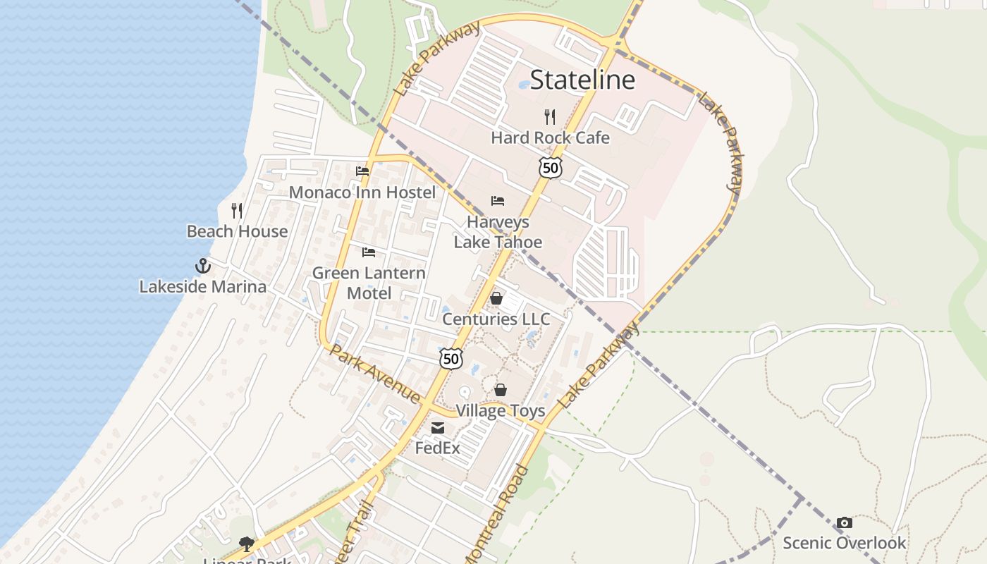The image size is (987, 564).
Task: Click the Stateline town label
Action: click(x=582, y=80)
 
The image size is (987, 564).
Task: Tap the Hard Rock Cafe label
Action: click(x=550, y=137)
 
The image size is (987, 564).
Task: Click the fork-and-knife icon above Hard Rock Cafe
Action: click(x=550, y=117)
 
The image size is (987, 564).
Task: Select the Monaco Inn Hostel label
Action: click(x=362, y=192)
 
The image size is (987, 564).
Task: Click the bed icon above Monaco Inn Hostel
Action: click(x=362, y=171)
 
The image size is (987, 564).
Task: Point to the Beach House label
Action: click(x=237, y=231)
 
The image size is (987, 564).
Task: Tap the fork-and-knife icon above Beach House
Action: click(x=237, y=210)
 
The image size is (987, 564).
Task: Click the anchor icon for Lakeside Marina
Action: click(x=203, y=266)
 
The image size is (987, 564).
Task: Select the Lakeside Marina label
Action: click(x=203, y=287)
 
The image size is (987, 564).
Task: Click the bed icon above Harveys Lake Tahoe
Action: click(x=498, y=201)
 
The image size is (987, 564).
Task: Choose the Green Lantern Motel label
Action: click(x=369, y=283)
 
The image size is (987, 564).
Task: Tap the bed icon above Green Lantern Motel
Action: click(x=369, y=252)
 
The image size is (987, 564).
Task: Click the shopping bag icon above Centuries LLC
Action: click(x=496, y=298)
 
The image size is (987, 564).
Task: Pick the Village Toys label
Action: click(x=501, y=410)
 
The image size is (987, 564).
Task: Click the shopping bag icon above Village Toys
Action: click(x=501, y=390)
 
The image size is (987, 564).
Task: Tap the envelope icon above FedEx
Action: click(x=438, y=427)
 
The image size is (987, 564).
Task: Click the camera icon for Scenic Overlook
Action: click(x=844, y=522)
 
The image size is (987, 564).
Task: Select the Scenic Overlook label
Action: click(x=844, y=543)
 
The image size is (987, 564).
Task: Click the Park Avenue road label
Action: click(x=375, y=373)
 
